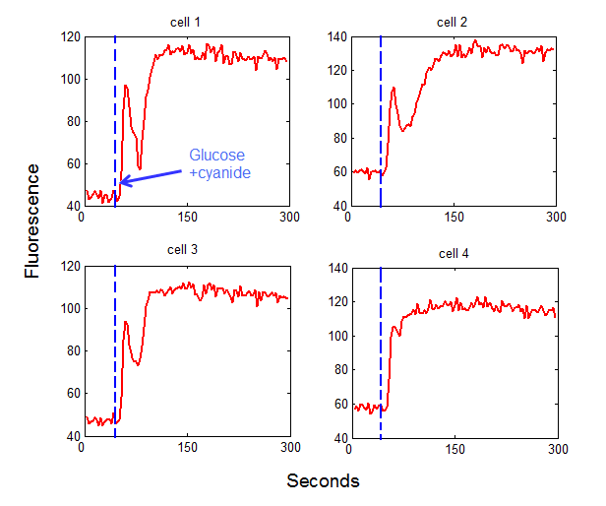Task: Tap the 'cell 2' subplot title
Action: (452, 22)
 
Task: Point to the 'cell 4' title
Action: (454, 253)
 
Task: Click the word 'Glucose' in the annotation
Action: (217, 156)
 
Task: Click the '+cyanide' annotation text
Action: (219, 172)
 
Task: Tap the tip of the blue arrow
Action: (121, 182)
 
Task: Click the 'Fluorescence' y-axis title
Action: (34, 221)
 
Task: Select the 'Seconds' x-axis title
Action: (323, 480)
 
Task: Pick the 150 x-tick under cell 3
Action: (187, 448)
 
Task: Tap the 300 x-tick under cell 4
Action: (557, 448)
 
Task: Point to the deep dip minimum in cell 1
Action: (140, 168)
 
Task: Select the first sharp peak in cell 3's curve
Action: (125, 321)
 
